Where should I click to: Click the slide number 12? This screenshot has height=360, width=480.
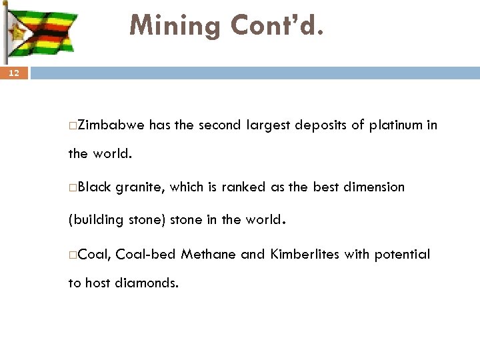15,74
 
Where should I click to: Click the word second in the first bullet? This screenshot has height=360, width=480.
219,124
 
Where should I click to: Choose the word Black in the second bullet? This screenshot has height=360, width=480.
95,187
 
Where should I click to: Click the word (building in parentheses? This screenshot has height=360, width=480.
94,220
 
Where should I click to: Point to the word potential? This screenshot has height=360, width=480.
402,254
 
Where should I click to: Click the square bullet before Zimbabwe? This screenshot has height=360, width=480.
71,125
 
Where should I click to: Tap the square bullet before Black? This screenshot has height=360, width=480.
71,188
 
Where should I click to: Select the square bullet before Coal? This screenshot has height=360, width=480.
71,255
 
